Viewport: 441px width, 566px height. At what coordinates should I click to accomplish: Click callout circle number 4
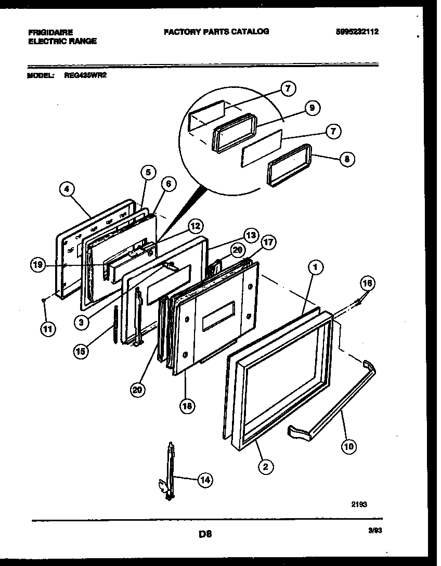coord(66,190)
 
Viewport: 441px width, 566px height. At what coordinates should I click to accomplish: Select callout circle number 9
coord(311,108)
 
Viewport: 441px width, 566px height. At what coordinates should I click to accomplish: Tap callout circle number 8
coord(346,159)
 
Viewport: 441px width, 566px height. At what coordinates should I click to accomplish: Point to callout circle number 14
coord(204,481)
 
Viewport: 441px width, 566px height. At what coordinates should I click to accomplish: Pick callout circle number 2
coord(265,467)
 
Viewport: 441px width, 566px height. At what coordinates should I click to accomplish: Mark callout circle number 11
coord(48,330)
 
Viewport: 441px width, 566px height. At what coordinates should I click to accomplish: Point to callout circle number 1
coord(315,267)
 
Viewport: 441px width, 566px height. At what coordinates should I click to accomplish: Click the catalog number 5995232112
coord(356,32)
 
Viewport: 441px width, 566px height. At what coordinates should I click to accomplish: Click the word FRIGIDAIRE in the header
coord(50,32)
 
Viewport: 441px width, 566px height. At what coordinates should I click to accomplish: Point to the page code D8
coord(205,533)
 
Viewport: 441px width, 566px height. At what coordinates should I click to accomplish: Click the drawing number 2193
coord(359,504)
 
